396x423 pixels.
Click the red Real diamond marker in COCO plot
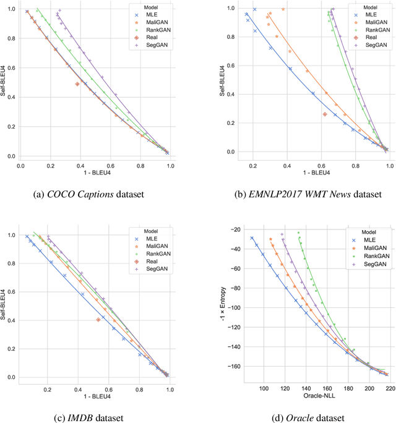tap(77, 84)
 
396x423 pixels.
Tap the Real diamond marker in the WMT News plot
tap(325, 114)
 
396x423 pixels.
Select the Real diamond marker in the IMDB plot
tap(98, 319)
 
